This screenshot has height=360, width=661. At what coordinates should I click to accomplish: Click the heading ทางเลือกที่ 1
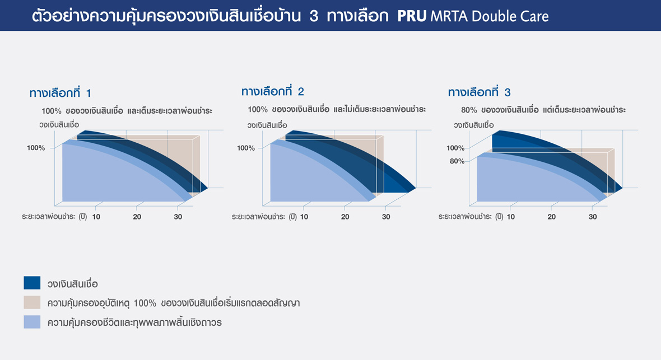click(60, 92)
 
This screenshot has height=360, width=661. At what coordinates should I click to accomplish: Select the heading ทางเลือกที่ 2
click(272, 91)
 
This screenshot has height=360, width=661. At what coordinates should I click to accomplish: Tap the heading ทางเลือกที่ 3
click(480, 91)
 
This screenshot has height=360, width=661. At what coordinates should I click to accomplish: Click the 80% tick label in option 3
click(457, 161)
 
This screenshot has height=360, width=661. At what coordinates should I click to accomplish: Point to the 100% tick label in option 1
click(36, 148)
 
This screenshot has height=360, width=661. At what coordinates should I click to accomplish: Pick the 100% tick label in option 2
click(246, 148)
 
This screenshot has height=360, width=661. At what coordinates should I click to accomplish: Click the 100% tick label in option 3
click(455, 148)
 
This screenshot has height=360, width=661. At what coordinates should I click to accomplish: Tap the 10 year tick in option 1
click(96, 217)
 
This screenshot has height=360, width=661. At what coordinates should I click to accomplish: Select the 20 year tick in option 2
click(345, 217)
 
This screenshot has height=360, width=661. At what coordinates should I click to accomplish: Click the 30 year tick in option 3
click(593, 217)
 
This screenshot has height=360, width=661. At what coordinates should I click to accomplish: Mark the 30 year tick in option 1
click(178, 217)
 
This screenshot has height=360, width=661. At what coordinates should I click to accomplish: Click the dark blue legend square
click(32, 283)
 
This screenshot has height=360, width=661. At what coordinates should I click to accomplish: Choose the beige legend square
click(32, 302)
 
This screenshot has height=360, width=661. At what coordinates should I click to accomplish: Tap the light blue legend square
click(32, 321)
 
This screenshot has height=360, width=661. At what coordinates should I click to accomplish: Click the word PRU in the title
click(412, 16)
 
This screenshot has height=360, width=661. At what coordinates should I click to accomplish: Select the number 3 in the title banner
click(314, 16)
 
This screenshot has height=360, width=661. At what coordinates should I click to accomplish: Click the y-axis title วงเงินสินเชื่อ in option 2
click(267, 125)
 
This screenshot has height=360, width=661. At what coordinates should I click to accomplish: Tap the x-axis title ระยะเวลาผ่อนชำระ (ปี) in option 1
click(54, 217)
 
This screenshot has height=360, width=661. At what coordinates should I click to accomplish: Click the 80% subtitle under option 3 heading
click(543, 110)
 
